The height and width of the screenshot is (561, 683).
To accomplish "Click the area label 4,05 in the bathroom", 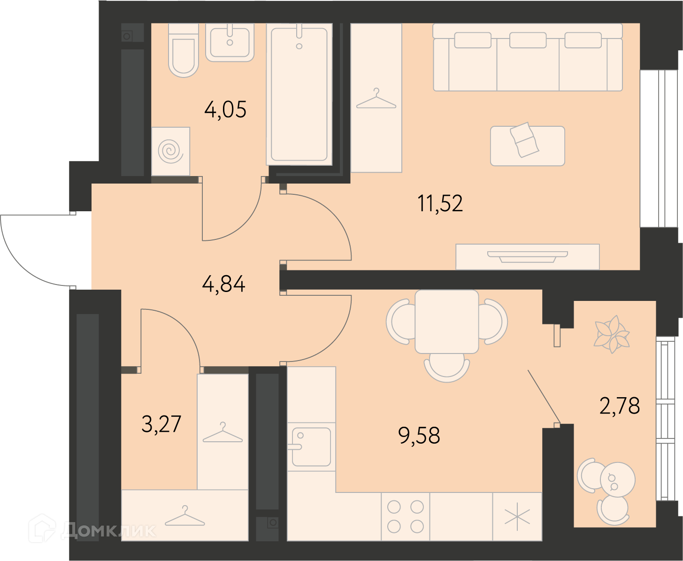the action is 225,110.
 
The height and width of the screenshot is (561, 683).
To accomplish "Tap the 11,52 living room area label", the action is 440,203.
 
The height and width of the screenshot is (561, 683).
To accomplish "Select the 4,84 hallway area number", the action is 223,284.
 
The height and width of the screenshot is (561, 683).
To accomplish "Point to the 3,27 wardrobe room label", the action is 161,424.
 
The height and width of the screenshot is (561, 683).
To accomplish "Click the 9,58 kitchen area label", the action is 419,435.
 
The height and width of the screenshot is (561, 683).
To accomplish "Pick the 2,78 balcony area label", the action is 620,406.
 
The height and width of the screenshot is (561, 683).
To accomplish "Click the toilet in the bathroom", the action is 183,50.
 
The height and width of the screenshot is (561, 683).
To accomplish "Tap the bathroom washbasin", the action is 230,42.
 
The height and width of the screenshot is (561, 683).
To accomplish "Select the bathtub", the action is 299,94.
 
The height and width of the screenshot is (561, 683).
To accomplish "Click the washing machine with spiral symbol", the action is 171,151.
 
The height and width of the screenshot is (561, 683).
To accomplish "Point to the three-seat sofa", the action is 528,57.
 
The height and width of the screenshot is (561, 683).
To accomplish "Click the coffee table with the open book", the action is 528,146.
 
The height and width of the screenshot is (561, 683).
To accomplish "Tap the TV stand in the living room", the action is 528,257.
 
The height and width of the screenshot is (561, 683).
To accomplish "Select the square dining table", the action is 446,321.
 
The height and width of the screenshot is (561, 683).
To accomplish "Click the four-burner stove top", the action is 406,516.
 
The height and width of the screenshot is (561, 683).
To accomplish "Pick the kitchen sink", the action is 311,446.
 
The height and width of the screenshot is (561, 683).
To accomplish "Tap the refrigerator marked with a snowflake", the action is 517,516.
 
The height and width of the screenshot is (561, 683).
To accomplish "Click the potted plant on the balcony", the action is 612,334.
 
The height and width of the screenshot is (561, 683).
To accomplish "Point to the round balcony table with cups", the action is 618,480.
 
